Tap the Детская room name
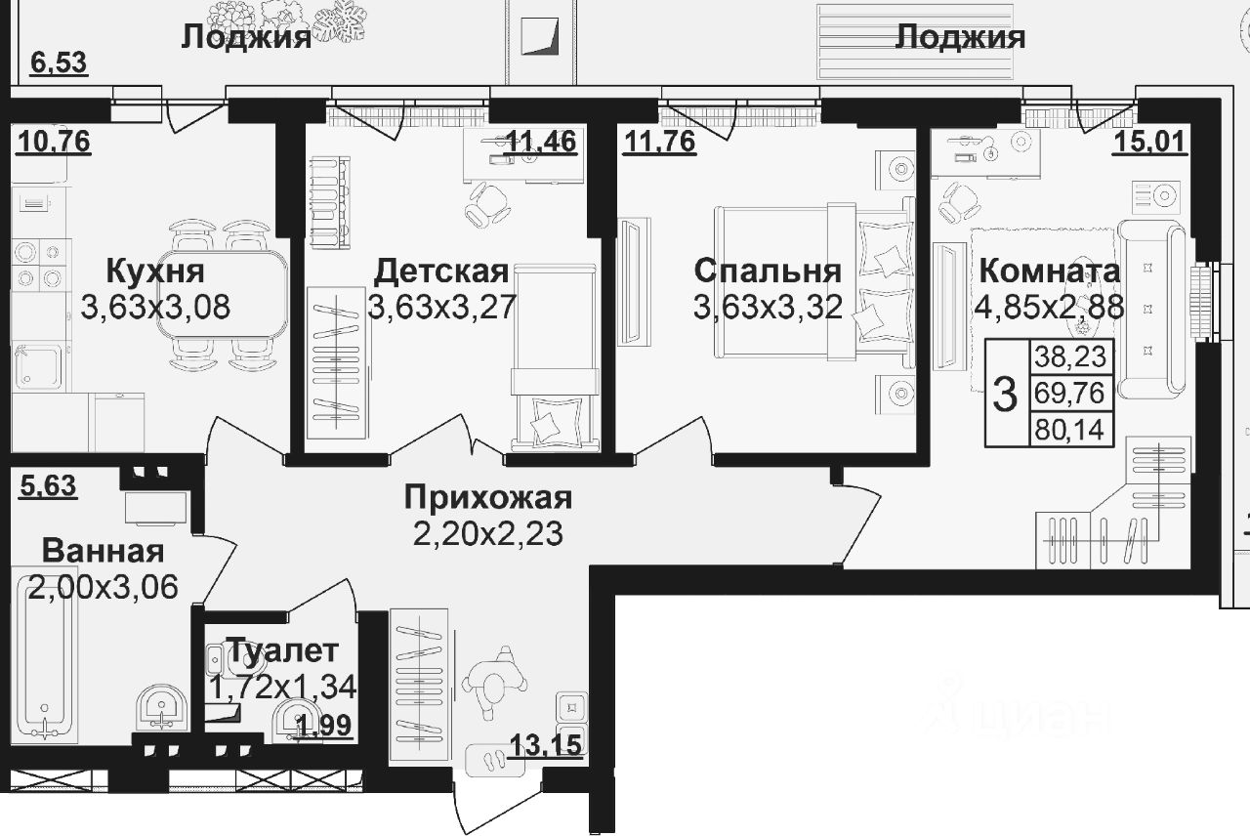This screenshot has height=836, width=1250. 441,271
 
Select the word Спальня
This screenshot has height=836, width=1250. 767,271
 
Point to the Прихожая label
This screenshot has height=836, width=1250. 487,498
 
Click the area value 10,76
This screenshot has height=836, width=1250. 54,143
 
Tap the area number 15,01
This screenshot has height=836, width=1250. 1150,144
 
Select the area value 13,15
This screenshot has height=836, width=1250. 546,747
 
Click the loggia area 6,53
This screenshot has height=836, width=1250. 59,63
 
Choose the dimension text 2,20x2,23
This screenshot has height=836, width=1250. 487,533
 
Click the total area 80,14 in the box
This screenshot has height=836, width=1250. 1071,428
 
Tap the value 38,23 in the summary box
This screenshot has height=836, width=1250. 1071,357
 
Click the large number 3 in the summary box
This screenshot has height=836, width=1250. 1004,393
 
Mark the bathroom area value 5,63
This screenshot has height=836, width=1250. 48,485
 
